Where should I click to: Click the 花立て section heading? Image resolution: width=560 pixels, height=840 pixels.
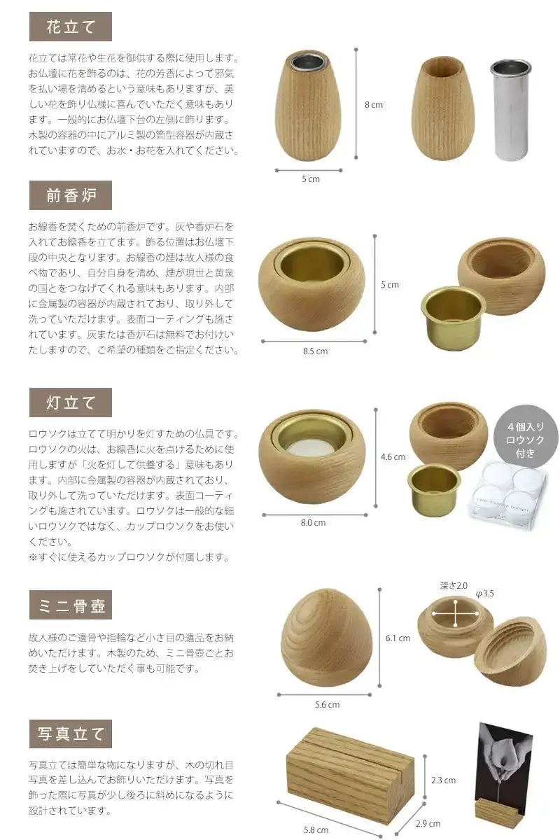(70, 27)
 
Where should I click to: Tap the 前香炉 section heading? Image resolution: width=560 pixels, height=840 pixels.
(70, 195)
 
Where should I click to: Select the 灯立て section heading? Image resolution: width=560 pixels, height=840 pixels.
(70, 402)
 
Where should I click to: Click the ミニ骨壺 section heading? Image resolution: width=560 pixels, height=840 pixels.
(70, 605)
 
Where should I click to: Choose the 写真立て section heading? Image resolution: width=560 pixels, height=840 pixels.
(70, 734)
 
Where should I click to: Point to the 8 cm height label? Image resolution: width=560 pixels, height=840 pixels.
(374, 105)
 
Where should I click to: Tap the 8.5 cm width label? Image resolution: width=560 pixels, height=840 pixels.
(315, 351)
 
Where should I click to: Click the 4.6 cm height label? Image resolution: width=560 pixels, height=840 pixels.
(393, 457)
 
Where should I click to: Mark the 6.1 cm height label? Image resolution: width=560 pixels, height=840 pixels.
(398, 638)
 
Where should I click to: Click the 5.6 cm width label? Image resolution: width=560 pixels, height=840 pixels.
(327, 705)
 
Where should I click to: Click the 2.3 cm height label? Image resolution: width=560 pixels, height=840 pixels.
(443, 780)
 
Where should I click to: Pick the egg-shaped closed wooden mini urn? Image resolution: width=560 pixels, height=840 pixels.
(327, 638)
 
